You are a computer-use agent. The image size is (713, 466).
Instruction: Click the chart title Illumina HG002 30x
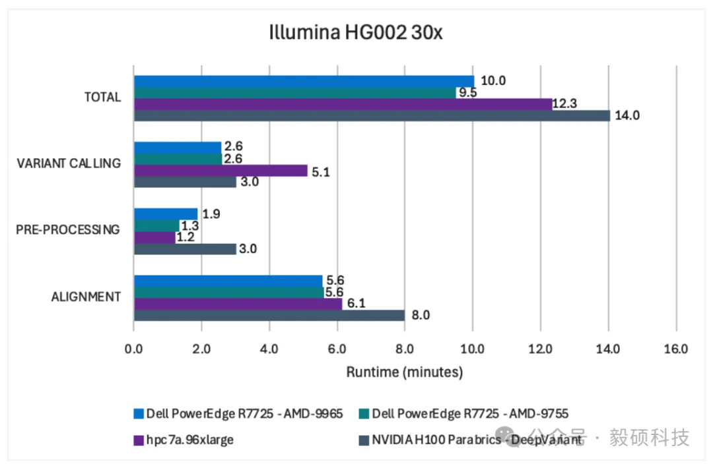(356, 32)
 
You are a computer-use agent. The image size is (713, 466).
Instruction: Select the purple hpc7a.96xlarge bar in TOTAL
(343, 104)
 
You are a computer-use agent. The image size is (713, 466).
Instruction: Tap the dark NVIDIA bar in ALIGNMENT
(269, 315)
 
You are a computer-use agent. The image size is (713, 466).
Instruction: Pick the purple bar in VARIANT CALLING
(221, 171)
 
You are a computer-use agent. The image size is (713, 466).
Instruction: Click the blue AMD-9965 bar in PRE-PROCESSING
(166, 214)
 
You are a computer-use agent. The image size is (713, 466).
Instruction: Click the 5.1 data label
(322, 171)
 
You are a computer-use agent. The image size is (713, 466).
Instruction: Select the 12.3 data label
(566, 104)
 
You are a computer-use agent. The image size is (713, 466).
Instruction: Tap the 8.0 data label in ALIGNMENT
(421, 315)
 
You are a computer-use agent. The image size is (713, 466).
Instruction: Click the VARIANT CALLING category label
(69, 163)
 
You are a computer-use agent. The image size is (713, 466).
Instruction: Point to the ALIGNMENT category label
(86, 297)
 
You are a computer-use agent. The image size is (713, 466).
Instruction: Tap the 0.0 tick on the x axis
(134, 348)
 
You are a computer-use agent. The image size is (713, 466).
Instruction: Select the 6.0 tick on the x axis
(337, 348)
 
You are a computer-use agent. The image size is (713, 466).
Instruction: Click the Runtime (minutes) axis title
(404, 372)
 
